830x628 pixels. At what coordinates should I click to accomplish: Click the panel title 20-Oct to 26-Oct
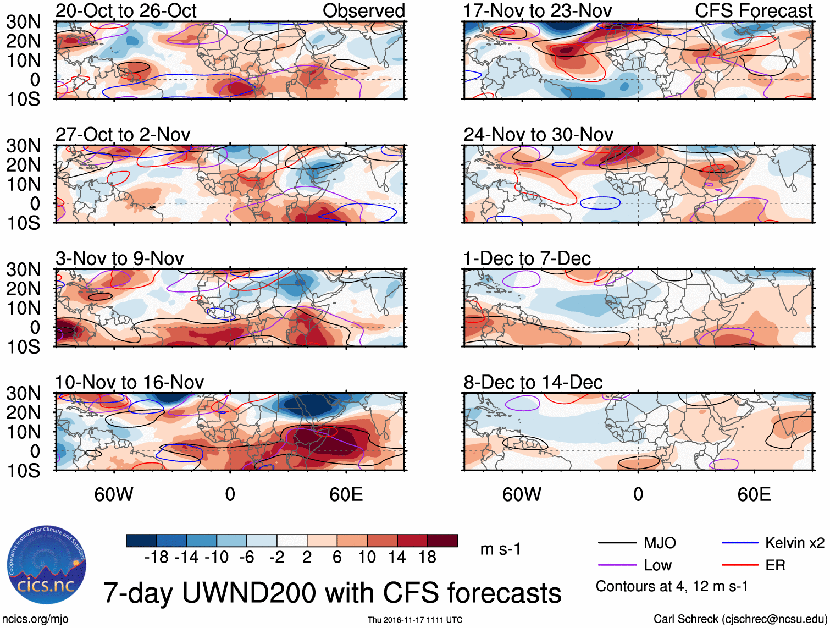click(126, 11)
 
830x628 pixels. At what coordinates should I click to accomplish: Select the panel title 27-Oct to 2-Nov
click(123, 135)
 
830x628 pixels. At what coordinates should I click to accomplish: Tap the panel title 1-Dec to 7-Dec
click(527, 258)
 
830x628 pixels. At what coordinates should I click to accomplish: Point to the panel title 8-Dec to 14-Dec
click(533, 382)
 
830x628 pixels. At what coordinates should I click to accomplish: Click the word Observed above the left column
click(363, 11)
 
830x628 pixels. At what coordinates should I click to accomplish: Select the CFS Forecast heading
click(753, 11)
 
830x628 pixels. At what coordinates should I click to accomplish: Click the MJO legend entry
click(660, 543)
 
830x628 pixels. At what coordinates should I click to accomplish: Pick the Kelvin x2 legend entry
click(794, 543)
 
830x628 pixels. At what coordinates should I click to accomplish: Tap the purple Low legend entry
click(657, 565)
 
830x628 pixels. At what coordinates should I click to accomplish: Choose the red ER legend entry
click(775, 565)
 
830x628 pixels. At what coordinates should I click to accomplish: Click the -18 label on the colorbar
click(156, 558)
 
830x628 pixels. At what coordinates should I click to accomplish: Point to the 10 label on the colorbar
click(367, 558)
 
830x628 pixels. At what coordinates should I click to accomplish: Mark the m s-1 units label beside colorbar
click(500, 549)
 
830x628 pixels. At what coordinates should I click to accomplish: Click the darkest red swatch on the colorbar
click(442, 541)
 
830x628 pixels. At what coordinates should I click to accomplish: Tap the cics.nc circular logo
click(47, 565)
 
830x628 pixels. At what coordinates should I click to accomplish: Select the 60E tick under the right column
click(754, 495)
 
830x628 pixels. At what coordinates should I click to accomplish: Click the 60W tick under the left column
click(114, 495)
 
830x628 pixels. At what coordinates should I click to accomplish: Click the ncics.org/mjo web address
click(35, 619)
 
